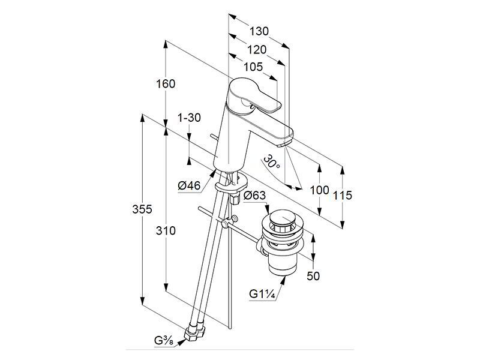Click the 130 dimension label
[259, 31]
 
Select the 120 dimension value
[257, 50]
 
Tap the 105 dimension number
[253, 67]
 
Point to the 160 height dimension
[166, 84]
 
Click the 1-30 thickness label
[190, 118]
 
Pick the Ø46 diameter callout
[189, 185]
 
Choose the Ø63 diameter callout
[254, 196]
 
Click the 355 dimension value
[142, 209]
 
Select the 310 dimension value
[166, 231]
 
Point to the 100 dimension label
[320, 190]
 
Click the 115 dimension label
[343, 196]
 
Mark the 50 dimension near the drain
[313, 276]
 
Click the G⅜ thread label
[164, 341]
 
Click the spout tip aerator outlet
[283, 144]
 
